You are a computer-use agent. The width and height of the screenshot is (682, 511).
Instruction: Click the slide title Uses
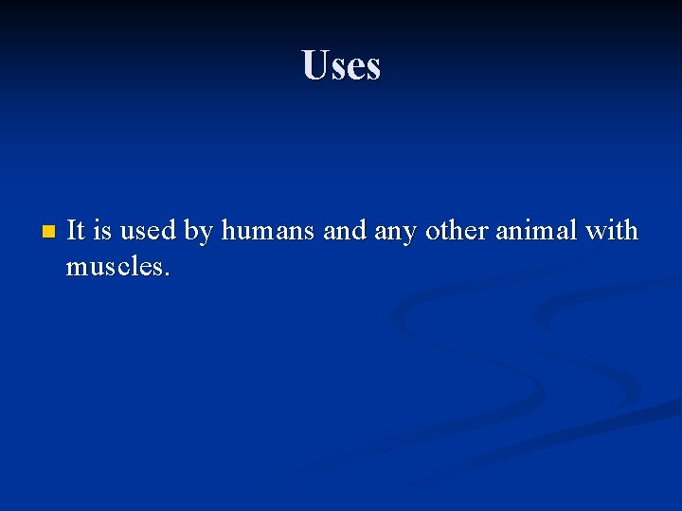pos(341,65)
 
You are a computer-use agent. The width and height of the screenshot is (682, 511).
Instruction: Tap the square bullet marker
pos(49,231)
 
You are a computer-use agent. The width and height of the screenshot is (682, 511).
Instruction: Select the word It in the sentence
pos(77,230)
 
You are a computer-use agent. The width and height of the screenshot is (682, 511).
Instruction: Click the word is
pos(101,230)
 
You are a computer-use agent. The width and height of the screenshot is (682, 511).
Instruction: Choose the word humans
pos(269,230)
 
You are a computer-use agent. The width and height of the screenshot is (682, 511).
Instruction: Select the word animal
pos(538,230)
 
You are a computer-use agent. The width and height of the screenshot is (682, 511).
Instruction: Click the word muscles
pos(114,268)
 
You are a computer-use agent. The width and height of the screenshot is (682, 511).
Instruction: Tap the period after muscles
pos(167,275)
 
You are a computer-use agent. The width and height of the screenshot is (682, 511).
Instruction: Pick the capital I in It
pos(72,230)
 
